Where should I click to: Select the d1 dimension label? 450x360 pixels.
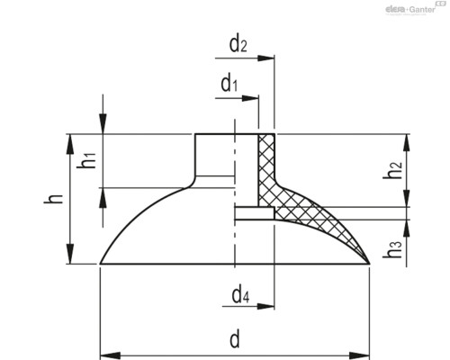click(x=229, y=85)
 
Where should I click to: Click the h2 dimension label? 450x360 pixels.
click(x=391, y=167)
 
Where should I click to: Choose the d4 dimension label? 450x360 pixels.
click(x=240, y=292)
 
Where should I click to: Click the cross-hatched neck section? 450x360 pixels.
click(x=266, y=162)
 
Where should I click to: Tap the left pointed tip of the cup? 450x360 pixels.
click(x=99, y=264)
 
